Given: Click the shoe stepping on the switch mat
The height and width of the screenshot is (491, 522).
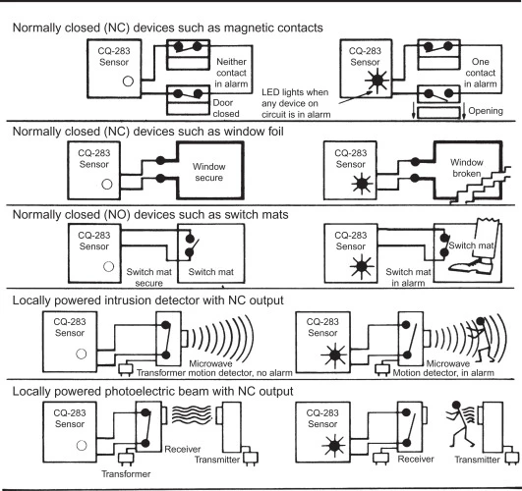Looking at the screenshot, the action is point(471,267).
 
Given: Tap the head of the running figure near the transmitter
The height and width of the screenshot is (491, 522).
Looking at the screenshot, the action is point(456,406).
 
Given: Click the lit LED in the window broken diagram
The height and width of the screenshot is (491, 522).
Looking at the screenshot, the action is point(362,184).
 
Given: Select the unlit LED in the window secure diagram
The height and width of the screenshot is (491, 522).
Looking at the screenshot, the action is point(107,184).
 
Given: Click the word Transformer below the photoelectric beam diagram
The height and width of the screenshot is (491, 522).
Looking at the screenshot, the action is point(126,473).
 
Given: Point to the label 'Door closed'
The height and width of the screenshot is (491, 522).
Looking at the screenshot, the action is point(226,108).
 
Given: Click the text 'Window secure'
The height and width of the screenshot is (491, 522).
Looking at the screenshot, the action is point(208,172).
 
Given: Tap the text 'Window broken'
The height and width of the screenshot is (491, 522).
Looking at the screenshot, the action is point(466,168).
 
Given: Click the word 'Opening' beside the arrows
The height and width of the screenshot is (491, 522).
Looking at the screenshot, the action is point(486,111).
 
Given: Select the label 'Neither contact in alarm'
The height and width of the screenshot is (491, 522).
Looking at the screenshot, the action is point(231,73).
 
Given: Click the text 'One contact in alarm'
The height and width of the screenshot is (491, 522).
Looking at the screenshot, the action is point(481,73).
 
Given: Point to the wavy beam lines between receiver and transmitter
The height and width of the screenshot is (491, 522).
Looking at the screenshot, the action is point(192,414).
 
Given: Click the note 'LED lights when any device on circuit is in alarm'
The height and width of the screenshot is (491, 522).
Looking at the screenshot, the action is point(296,103).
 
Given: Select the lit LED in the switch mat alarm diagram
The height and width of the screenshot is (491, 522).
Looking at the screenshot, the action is point(362,267).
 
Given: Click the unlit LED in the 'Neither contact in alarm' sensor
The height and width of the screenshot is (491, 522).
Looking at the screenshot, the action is point(128,82).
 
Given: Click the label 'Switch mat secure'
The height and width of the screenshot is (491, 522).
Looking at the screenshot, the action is point(148,278).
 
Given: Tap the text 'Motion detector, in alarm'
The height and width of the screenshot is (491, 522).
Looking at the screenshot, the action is point(443,373).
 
